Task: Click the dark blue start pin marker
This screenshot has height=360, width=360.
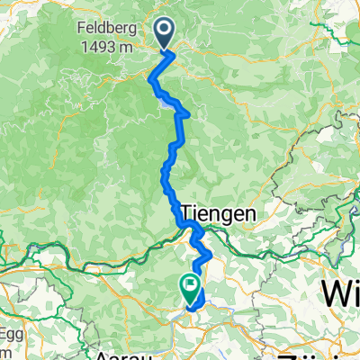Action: tap(166, 34)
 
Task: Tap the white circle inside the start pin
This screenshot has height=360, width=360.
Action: tap(166, 30)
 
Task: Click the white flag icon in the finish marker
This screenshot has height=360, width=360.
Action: tap(191, 284)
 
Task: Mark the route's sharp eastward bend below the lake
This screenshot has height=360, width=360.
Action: tap(186, 113)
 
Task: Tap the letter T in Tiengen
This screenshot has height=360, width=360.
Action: tap(187, 214)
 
